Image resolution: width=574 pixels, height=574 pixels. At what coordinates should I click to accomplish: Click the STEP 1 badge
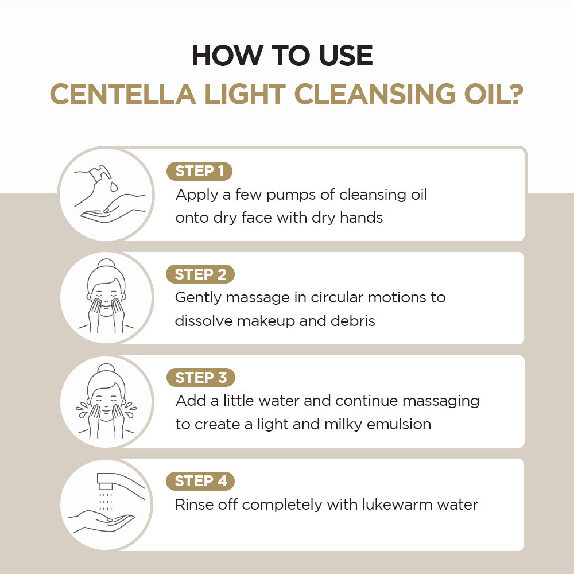199,171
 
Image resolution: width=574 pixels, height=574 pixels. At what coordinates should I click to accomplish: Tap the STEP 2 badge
200,274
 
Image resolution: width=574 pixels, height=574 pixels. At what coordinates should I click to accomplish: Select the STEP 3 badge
201,378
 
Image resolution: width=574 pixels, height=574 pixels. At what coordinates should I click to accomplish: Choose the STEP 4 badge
201,481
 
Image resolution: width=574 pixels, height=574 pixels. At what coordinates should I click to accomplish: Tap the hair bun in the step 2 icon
106,266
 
